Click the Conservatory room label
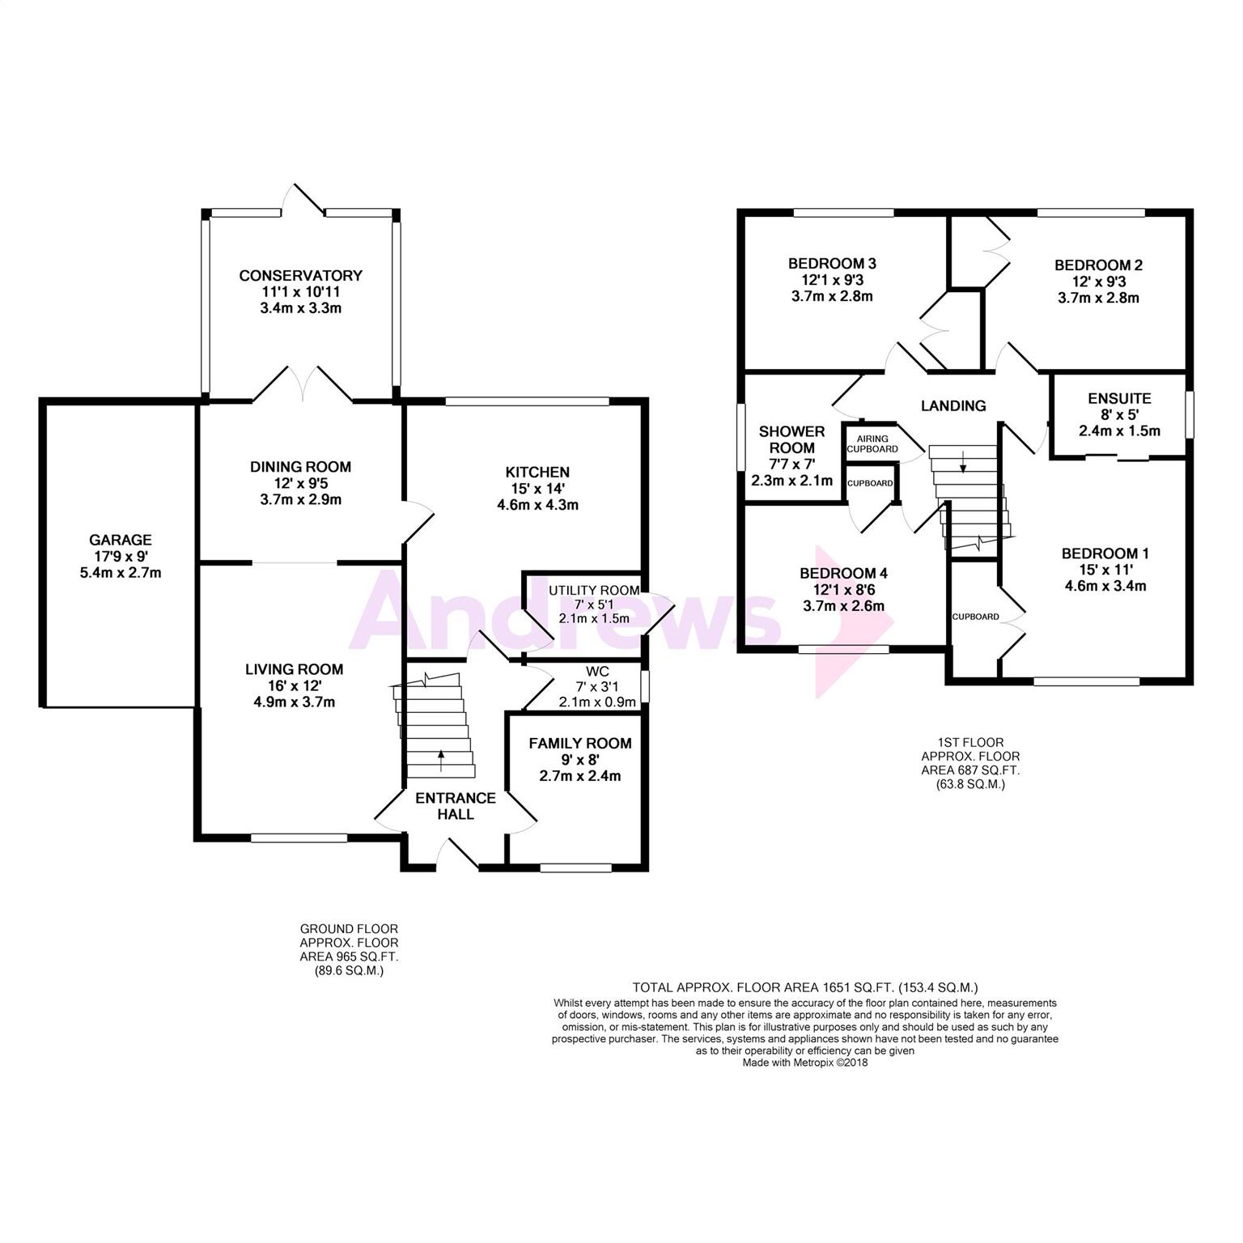coord(300,276)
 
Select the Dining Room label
coord(300,467)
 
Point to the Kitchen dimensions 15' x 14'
coord(537,489)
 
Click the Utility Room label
coord(594,590)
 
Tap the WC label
coord(597,672)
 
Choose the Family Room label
coord(580,744)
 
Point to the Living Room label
coord(295,669)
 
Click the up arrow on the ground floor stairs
coord(441,761)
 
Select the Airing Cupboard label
coord(872,444)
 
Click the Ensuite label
coord(1119,398)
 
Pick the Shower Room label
coord(791,439)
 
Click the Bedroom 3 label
coord(832,264)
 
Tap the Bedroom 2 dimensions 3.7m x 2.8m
coord(1098,298)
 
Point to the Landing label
coord(953,406)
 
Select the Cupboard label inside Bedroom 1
coord(975,617)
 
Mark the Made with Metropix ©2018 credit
coord(805,1063)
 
